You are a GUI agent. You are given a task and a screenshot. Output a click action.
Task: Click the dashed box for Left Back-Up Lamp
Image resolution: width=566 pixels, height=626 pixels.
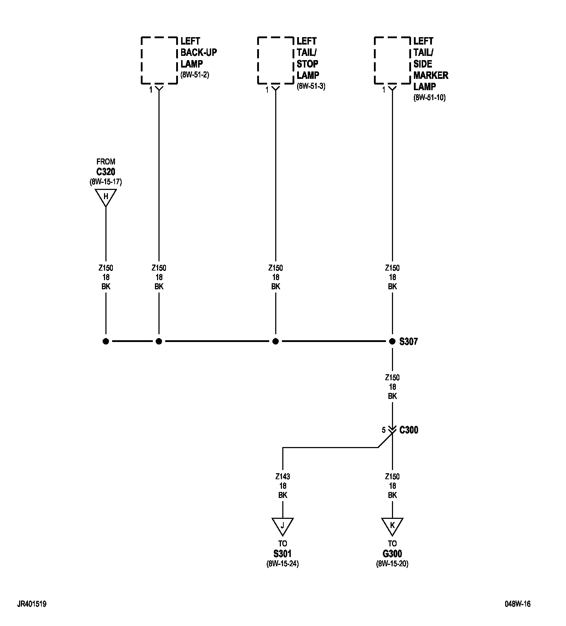click(x=159, y=60)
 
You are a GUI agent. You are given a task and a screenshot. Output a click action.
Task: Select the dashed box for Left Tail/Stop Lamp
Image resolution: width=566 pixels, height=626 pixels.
click(x=276, y=60)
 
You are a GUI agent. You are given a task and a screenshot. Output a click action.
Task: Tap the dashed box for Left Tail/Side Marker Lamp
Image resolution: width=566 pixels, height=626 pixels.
click(x=392, y=60)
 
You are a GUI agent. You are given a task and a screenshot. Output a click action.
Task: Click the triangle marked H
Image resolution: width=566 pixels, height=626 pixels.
click(x=106, y=197)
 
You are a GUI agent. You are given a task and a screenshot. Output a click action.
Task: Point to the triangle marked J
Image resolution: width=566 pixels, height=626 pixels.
click(x=283, y=526)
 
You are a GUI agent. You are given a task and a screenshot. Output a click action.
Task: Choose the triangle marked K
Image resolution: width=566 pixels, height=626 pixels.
click(x=392, y=526)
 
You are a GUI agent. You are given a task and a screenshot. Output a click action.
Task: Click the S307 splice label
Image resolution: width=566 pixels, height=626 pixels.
click(x=409, y=342)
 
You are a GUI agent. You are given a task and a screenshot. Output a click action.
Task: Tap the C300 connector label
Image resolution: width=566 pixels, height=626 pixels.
click(x=409, y=430)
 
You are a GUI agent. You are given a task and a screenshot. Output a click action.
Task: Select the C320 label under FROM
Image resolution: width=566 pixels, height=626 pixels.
click(x=106, y=172)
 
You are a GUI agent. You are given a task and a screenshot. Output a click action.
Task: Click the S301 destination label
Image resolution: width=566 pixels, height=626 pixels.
click(x=283, y=554)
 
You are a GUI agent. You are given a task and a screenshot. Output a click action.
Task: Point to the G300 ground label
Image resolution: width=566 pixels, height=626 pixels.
click(x=392, y=554)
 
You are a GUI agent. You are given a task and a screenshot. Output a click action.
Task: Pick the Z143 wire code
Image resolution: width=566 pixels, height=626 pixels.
click(x=283, y=476)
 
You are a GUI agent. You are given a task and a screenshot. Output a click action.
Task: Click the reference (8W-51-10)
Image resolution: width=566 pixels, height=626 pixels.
click(x=429, y=98)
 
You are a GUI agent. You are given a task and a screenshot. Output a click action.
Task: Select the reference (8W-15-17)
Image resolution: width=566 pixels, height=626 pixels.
click(x=106, y=182)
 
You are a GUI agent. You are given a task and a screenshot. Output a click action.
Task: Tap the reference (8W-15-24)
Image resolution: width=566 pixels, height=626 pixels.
click(x=283, y=564)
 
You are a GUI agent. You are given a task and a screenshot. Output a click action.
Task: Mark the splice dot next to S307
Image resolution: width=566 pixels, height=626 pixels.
click(x=392, y=341)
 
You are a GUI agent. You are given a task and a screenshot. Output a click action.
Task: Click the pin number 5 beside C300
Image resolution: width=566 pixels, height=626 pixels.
click(x=383, y=430)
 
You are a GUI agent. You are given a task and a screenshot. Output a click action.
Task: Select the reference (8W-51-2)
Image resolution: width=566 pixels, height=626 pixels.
click(x=195, y=75)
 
